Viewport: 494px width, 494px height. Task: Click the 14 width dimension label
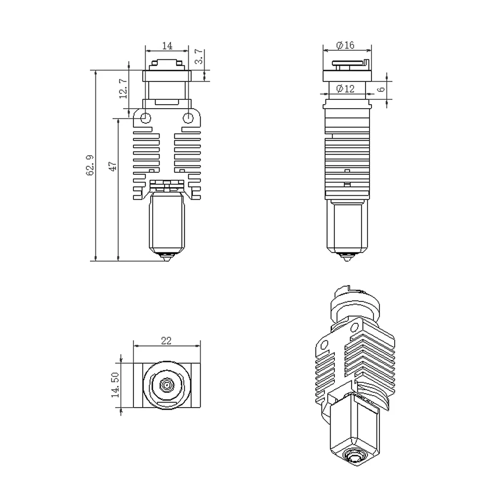[x=167, y=45]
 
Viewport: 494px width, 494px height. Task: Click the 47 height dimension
[x=113, y=165]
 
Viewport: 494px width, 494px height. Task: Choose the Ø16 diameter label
[x=345, y=45]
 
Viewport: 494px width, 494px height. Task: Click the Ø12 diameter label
[x=345, y=89]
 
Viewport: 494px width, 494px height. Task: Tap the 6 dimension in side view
[x=380, y=89]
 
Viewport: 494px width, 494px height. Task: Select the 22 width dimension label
[x=166, y=340]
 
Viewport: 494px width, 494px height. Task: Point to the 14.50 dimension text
[x=115, y=385]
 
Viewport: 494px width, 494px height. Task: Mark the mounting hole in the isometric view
[x=324, y=344]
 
